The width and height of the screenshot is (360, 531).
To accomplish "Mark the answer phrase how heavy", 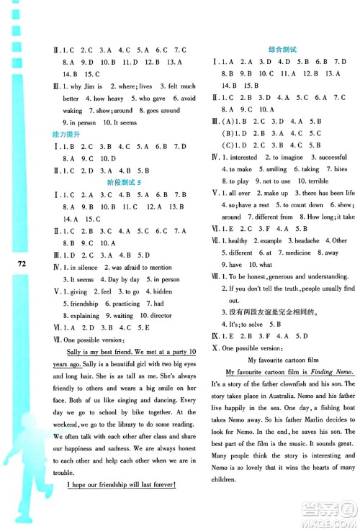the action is click(x=108, y=98).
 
